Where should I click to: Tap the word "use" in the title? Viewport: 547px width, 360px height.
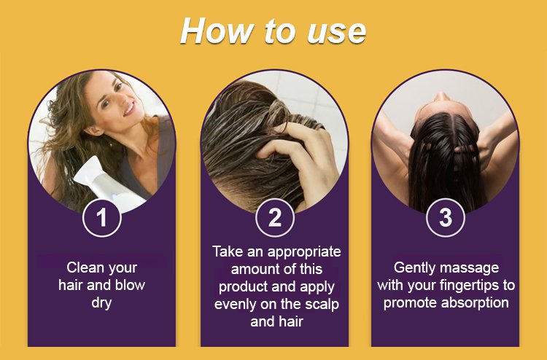point(337,32)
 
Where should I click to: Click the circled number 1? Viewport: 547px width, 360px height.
point(102,217)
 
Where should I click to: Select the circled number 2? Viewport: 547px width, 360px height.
point(275,217)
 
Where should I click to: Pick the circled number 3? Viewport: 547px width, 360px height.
point(446,217)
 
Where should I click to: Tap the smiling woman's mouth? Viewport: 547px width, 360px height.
point(128,109)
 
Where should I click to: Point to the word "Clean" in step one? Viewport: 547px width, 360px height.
point(83,267)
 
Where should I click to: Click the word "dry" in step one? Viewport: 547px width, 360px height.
point(101,303)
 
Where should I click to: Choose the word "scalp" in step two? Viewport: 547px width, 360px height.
point(322,304)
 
